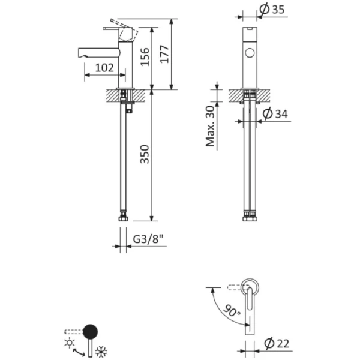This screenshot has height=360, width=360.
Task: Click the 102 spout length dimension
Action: point(104,68)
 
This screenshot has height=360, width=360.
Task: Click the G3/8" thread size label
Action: point(148,239)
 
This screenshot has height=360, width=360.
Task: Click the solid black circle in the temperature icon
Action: point(90,331)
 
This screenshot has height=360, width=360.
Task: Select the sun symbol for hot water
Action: point(71,342)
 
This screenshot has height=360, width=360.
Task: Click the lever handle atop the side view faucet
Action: point(120,28)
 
